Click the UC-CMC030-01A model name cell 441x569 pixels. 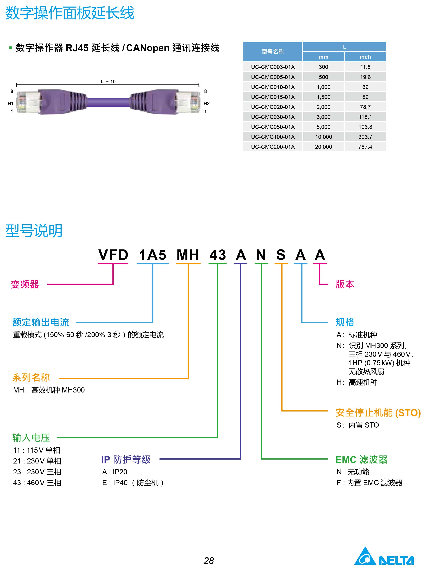click(273, 117)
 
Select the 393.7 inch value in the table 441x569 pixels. click(365, 137)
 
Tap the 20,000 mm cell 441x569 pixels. click(323, 147)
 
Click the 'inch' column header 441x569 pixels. click(365, 57)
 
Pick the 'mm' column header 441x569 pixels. click(323, 57)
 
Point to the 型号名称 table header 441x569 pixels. click(273, 52)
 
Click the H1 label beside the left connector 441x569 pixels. click(10, 103)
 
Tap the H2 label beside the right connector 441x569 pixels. click(206, 103)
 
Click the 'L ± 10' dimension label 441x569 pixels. click(108, 81)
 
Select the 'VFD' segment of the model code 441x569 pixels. click(113, 255)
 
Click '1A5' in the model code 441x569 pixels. click(153, 255)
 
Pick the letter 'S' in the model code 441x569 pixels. click(281, 255)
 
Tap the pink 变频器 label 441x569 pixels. click(25, 284)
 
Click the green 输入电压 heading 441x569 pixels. click(31, 438)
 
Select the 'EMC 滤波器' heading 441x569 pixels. click(361, 460)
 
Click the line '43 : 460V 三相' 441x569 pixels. click(37, 483)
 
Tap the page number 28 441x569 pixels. click(209, 561)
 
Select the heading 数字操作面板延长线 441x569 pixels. click(70, 13)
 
